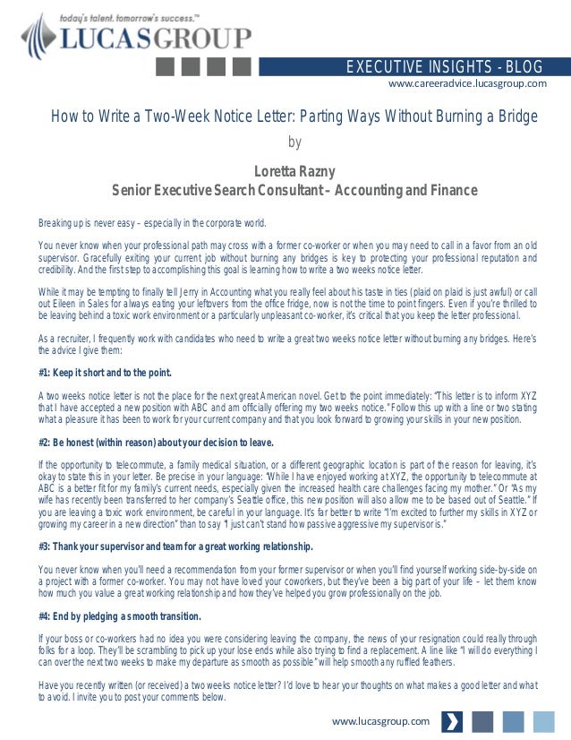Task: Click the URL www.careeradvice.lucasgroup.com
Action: pos(466,84)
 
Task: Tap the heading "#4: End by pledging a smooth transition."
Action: pos(120,616)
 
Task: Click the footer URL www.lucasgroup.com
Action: pos(380,721)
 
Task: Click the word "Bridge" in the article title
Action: pos(515,117)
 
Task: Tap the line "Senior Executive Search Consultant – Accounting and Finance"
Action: pos(282,191)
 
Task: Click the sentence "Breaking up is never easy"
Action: pos(89,223)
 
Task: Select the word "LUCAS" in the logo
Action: pos(107,38)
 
